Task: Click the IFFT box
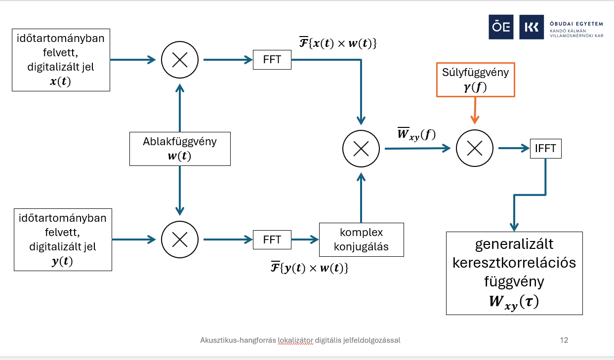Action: [x=545, y=148]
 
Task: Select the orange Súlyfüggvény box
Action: [x=475, y=80]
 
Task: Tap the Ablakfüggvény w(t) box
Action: [x=179, y=149]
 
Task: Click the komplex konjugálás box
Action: [x=361, y=240]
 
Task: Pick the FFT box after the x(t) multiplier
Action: [x=272, y=60]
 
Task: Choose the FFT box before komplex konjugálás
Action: [x=272, y=240]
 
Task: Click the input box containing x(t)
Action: [x=61, y=59]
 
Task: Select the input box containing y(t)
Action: [x=63, y=240]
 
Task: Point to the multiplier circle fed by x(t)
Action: [x=179, y=60]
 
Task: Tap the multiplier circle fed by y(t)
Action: [x=179, y=240]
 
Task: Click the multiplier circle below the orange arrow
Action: [x=475, y=148]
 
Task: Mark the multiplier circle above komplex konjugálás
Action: [x=361, y=148]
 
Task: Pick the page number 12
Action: [x=564, y=340]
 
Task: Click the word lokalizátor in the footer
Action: [x=295, y=340]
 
